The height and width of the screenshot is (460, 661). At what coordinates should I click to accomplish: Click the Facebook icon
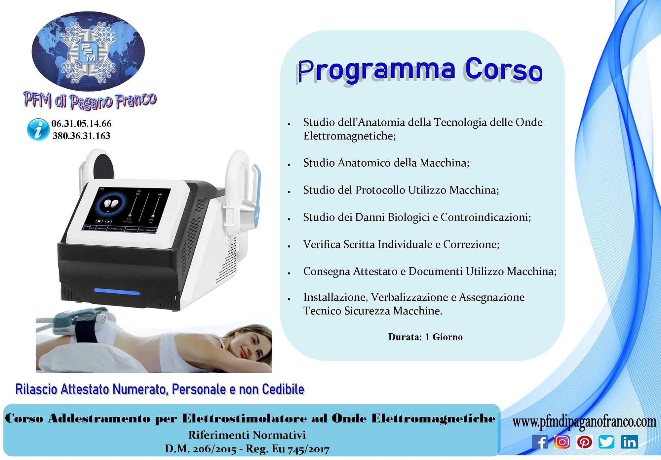(x=540, y=442)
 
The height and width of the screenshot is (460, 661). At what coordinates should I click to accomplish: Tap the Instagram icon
(x=562, y=442)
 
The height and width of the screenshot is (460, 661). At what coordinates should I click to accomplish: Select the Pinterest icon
(x=584, y=442)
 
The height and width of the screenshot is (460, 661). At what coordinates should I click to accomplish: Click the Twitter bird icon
(x=606, y=442)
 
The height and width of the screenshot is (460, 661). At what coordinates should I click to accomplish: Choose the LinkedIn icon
(x=629, y=442)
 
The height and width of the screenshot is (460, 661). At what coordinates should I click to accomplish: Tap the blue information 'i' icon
(x=38, y=130)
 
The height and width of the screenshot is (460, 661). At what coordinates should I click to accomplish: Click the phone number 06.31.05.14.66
(x=81, y=124)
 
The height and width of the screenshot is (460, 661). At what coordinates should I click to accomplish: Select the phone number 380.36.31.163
(x=81, y=136)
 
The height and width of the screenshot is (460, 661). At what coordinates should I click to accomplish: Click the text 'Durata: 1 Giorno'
(x=425, y=337)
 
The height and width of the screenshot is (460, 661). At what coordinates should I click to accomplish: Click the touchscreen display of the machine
(x=127, y=209)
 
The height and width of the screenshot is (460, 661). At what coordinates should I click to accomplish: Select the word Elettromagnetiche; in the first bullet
(x=350, y=136)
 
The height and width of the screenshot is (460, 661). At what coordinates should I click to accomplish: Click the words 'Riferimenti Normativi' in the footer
(x=247, y=435)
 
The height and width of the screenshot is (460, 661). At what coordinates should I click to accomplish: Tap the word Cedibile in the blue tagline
(x=283, y=389)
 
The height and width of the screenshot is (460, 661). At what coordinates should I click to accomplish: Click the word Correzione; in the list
(x=471, y=244)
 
